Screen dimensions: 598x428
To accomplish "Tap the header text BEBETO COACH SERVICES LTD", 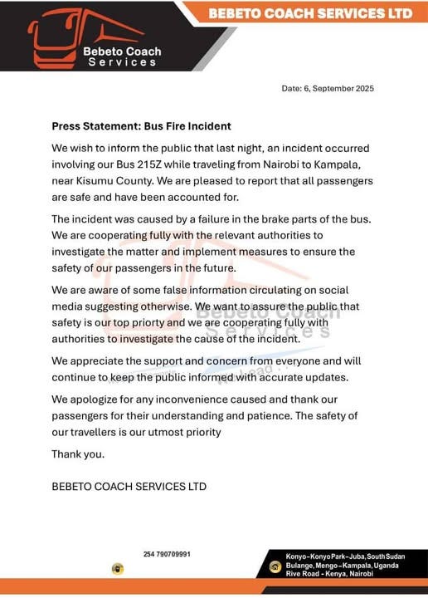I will pyautogui.click(x=309, y=13).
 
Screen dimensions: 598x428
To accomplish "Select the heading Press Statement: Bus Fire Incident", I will pyautogui.click(x=141, y=126).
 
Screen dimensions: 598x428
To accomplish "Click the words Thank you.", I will pyautogui.click(x=78, y=454).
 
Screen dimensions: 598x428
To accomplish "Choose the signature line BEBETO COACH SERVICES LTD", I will pyautogui.click(x=129, y=486).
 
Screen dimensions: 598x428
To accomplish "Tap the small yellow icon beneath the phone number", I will pyautogui.click(x=119, y=569).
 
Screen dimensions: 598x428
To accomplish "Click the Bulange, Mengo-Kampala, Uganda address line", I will pyautogui.click(x=343, y=566).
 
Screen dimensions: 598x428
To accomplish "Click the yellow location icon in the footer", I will pyautogui.click(x=275, y=566).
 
